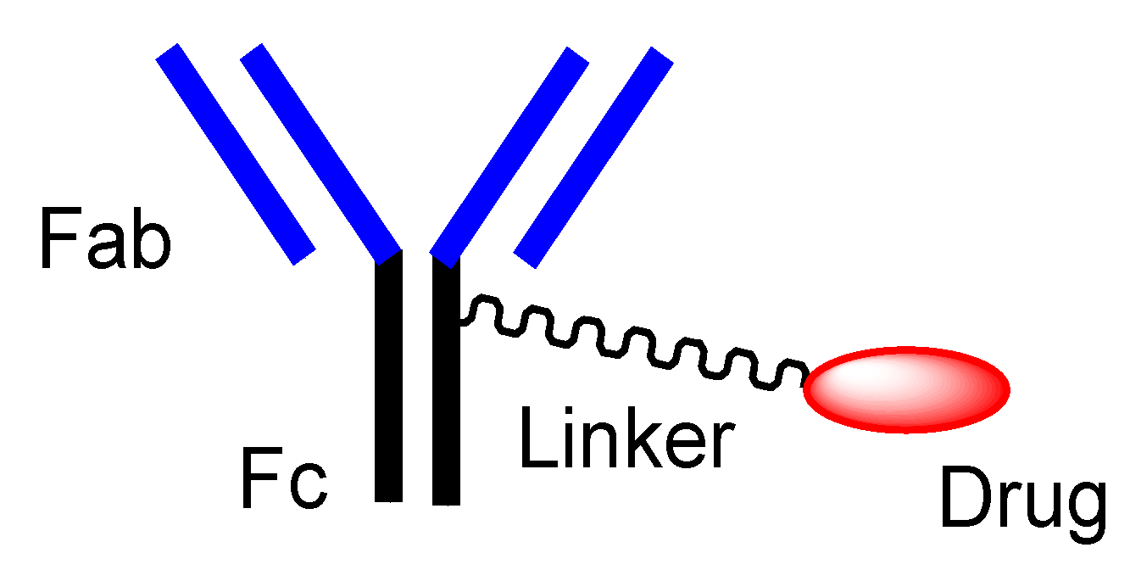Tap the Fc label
[283, 479]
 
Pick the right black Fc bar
[446, 382]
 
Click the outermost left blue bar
[236, 154]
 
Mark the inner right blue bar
[509, 153]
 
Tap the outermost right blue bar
[593, 157]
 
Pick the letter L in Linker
[536, 437]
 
